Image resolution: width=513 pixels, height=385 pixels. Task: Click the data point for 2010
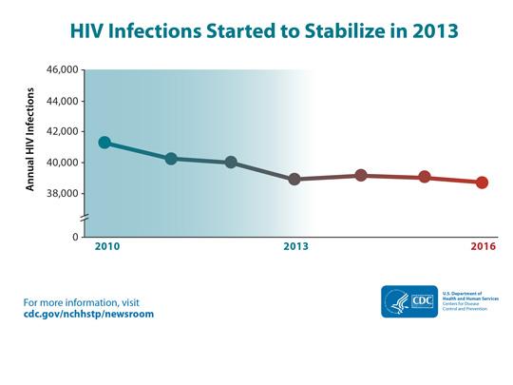coord(104,143)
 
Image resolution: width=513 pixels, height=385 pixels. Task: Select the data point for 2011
coord(171,159)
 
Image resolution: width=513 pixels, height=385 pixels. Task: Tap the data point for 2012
coord(231,163)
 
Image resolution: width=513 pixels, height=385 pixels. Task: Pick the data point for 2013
coord(294,179)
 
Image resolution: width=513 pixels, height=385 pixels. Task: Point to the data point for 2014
coord(361,175)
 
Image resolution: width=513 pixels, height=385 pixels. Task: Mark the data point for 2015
coord(425,177)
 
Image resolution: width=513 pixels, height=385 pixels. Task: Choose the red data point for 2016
coord(483,183)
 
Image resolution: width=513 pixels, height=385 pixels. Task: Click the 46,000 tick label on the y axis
coord(62,70)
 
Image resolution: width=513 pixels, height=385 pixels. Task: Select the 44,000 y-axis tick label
coord(62,101)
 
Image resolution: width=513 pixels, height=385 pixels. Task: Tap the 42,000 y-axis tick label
coord(62,132)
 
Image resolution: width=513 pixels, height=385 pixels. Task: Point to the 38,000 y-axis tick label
coord(62,194)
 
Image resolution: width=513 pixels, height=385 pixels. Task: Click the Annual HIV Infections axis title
coord(30,140)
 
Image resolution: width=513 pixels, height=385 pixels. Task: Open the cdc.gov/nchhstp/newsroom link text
coord(88,315)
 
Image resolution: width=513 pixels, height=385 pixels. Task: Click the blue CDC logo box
coord(409,301)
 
